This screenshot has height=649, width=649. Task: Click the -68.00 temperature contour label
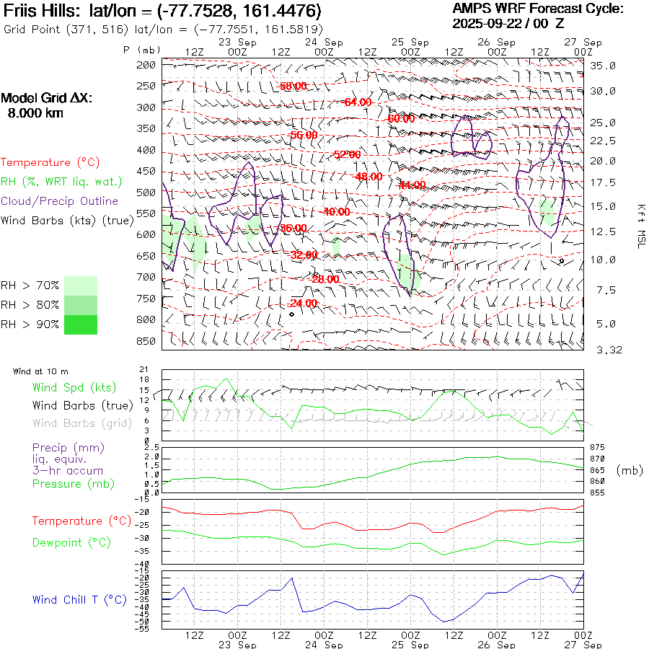tap(293, 86)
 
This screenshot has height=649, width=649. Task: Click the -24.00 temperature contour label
tap(304, 303)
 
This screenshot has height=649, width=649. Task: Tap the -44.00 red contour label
tap(412, 185)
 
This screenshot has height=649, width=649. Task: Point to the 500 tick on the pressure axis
tap(146, 193)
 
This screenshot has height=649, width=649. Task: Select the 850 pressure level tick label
tap(146, 341)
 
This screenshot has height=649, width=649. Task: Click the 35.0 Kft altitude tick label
tap(603, 66)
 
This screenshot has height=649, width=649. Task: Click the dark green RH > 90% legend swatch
tap(81, 324)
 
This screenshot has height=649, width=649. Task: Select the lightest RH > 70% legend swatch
tap(81, 286)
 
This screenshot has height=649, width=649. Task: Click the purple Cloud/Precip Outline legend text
tap(60, 201)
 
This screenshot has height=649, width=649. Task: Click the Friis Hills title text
tap(43, 12)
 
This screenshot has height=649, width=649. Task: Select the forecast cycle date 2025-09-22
tap(487, 23)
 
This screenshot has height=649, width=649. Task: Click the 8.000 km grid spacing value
tap(35, 113)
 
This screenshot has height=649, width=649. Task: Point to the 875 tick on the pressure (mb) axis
tap(598, 448)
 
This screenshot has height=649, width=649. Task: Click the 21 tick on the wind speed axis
tap(144, 369)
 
